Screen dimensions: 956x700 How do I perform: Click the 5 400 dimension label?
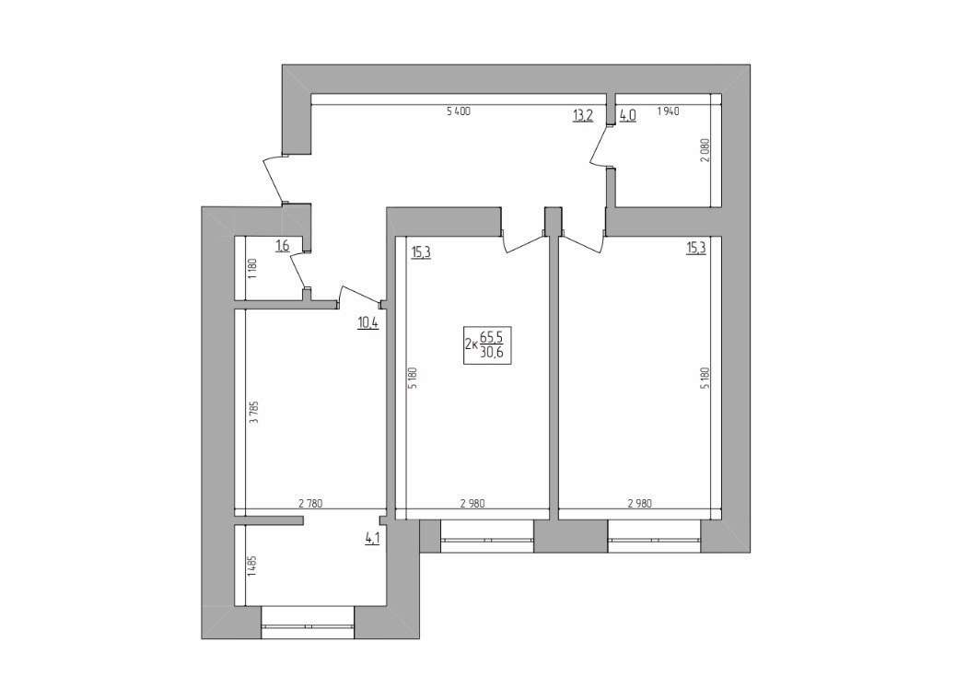click(459, 111)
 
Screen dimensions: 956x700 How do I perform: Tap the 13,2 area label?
click(582, 115)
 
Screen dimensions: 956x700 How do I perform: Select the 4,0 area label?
click(628, 115)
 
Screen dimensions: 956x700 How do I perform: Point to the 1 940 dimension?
click(668, 111)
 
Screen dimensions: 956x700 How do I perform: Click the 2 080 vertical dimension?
click(705, 150)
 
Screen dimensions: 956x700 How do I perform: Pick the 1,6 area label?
click(282, 246)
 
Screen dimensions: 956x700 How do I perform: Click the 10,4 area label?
click(367, 322)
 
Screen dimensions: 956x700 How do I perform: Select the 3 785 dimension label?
click(254, 412)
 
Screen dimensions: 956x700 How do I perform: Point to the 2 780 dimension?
click(310, 504)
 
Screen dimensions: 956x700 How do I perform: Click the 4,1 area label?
click(372, 539)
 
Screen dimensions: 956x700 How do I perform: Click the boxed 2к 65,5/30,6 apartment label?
click(487, 345)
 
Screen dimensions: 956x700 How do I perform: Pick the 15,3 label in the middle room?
click(421, 251)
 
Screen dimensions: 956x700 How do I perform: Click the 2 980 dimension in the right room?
click(639, 504)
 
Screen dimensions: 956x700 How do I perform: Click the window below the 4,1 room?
click(308, 623)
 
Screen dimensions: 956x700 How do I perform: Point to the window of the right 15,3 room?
click(654, 537)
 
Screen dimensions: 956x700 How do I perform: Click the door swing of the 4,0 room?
click(599, 147)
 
